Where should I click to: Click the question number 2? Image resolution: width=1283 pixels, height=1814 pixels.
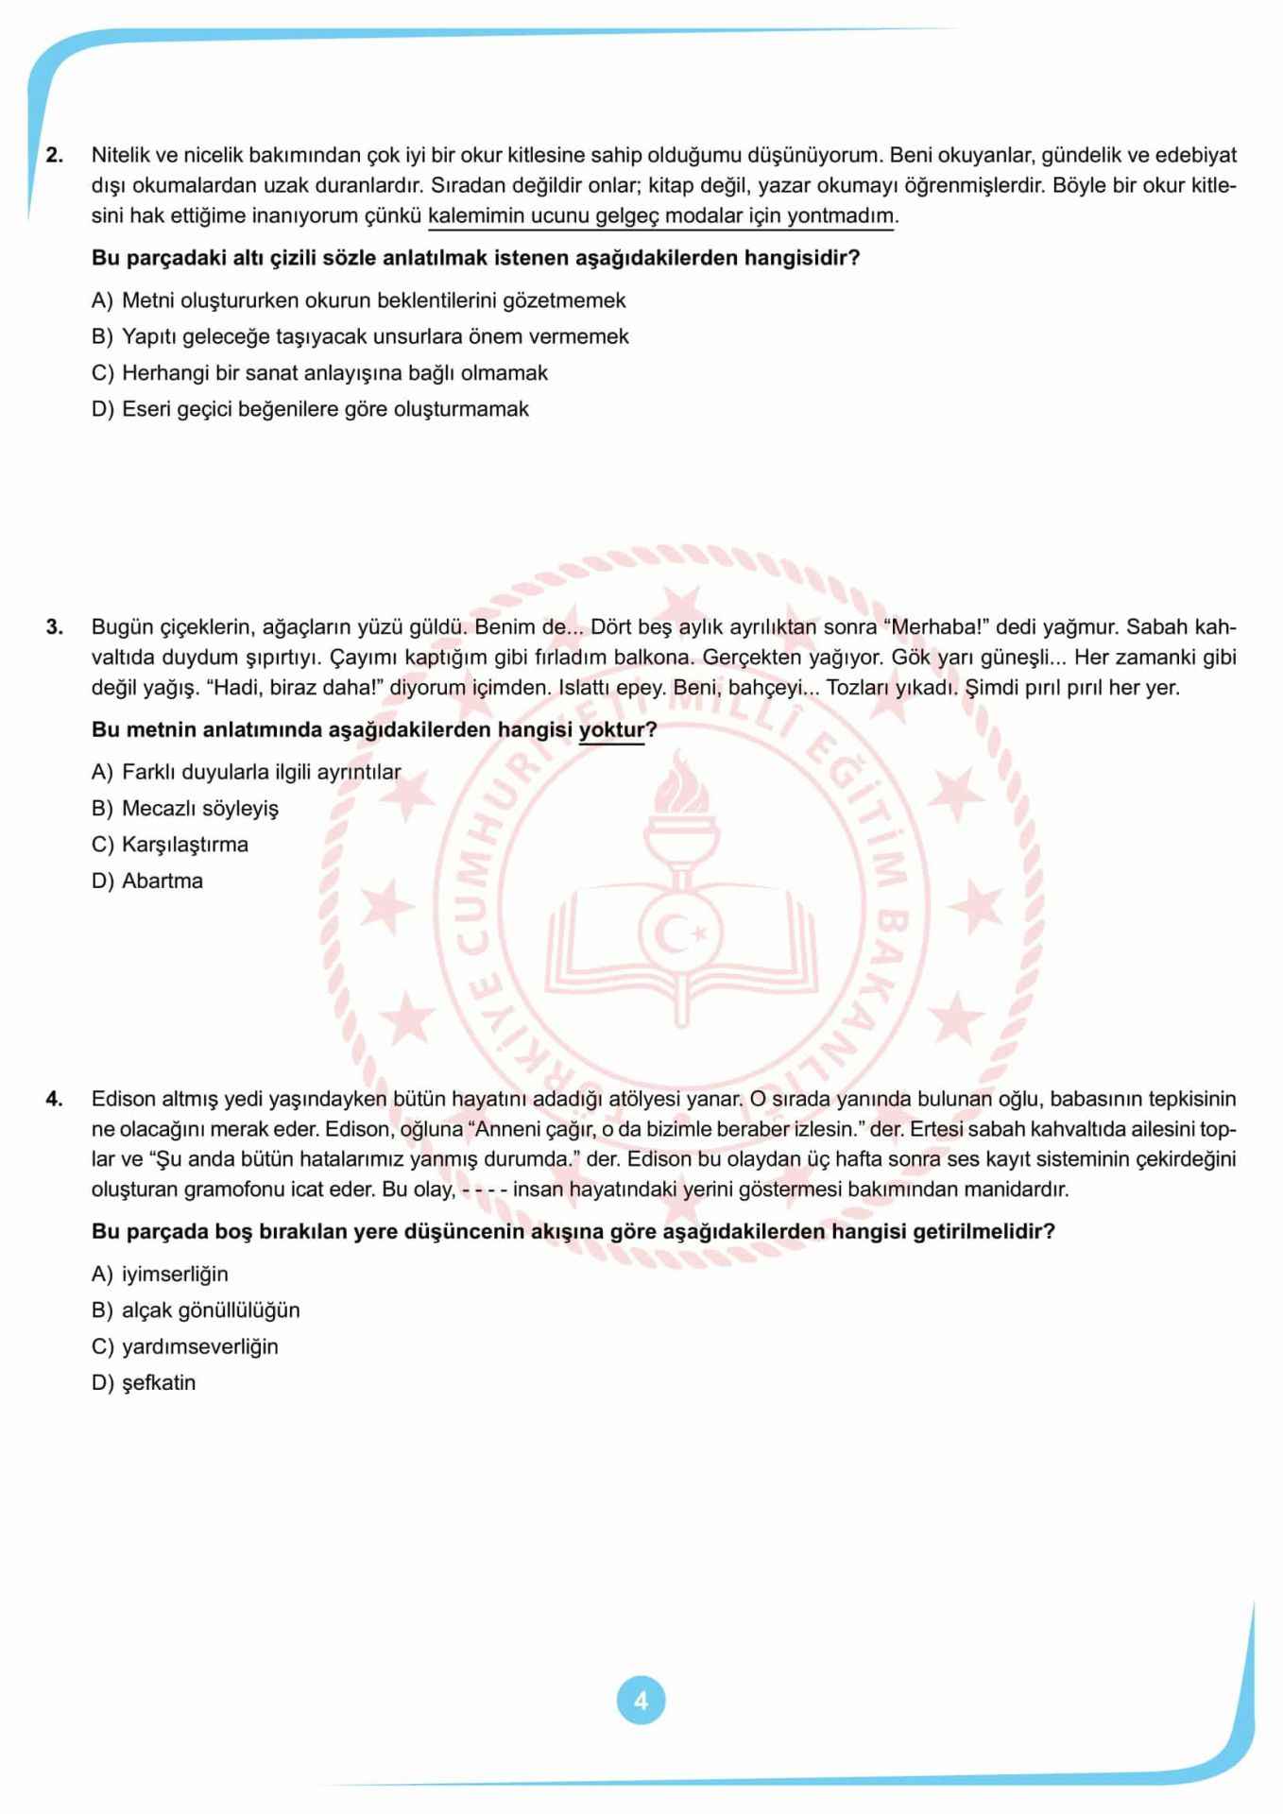click(x=55, y=155)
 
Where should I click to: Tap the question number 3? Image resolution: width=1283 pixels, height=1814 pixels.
click(x=55, y=626)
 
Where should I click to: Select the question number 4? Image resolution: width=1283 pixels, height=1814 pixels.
click(x=55, y=1098)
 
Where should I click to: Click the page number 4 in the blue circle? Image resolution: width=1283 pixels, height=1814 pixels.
click(x=641, y=1701)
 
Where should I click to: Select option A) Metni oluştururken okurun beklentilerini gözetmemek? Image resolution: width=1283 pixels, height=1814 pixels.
click(x=359, y=300)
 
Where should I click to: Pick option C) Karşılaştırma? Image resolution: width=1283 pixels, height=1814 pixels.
click(x=170, y=845)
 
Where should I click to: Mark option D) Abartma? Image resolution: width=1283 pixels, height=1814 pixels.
click(x=147, y=881)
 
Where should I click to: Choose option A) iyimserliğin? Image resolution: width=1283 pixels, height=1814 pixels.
click(x=160, y=1275)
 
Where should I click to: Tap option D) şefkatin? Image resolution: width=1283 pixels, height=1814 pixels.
click(x=144, y=1383)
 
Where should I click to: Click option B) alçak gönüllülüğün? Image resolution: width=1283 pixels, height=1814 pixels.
click(x=196, y=1310)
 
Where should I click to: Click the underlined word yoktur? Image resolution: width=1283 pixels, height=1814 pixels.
click(x=611, y=729)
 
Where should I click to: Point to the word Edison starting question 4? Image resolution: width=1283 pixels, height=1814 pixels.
click(x=122, y=1099)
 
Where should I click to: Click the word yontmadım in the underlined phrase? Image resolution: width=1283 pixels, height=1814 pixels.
click(x=840, y=216)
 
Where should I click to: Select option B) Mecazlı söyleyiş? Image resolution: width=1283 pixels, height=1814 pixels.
click(x=185, y=809)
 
